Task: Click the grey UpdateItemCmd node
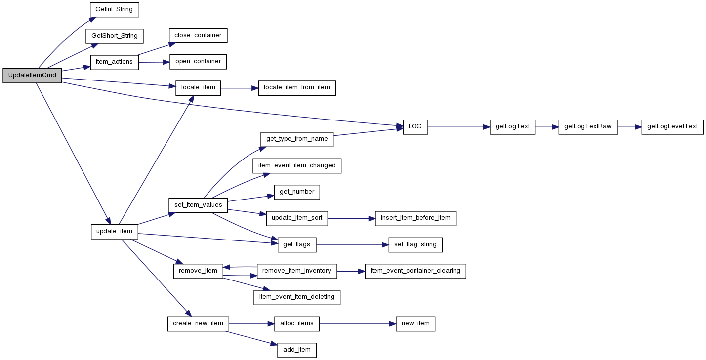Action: click(x=32, y=76)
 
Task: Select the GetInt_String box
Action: click(x=115, y=10)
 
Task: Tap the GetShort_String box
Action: click(x=115, y=36)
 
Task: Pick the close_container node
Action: click(x=198, y=35)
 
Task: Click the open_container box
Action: click(x=198, y=62)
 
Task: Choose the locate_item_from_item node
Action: click(x=297, y=88)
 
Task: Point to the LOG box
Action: click(x=415, y=127)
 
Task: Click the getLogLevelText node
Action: click(x=672, y=127)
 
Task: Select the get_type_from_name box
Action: click(x=297, y=139)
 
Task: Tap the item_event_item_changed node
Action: click(x=297, y=165)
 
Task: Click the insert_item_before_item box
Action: click(x=415, y=218)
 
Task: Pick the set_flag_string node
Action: click(x=415, y=245)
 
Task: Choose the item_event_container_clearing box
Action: click(x=415, y=271)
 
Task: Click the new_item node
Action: click(x=415, y=324)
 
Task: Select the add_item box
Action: click(x=297, y=350)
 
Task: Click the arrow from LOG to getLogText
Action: click(x=459, y=127)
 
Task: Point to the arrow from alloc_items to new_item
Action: click(x=358, y=324)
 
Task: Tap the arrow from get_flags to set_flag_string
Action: click(x=352, y=245)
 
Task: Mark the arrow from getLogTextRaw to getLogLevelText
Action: click(x=630, y=127)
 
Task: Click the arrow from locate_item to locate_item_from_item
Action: click(x=240, y=88)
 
